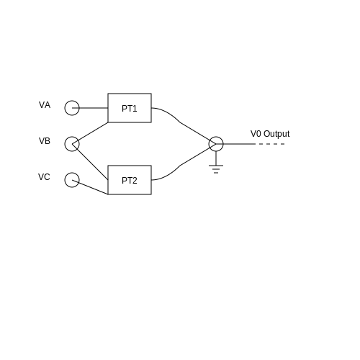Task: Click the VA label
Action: (45, 105)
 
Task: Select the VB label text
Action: (45, 141)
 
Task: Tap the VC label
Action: (44, 177)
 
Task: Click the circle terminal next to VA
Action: (65, 108)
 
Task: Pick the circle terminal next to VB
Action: (65, 144)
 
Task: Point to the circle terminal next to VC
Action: (65, 180)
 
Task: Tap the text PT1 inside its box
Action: (130, 109)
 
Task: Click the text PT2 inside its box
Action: (130, 181)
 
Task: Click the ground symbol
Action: (216, 166)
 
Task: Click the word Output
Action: (276, 134)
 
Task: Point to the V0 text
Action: (256, 134)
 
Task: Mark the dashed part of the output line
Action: (271, 144)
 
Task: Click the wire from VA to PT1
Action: (90, 108)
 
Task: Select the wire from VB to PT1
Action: (90, 133)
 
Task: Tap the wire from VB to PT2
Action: (90, 162)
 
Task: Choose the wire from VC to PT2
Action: (90, 187)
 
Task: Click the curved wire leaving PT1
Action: (181, 122)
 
